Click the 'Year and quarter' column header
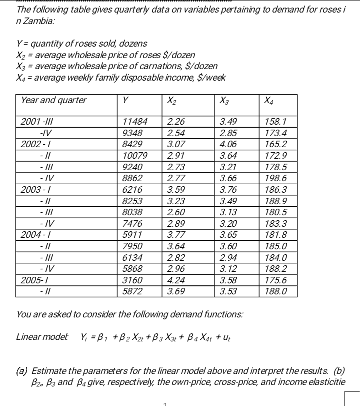[53, 100]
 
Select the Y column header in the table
[125, 100]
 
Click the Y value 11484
[135, 121]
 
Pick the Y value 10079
[135, 155]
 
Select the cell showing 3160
[132, 280]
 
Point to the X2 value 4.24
[175, 280]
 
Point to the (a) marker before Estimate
[22, 371]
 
